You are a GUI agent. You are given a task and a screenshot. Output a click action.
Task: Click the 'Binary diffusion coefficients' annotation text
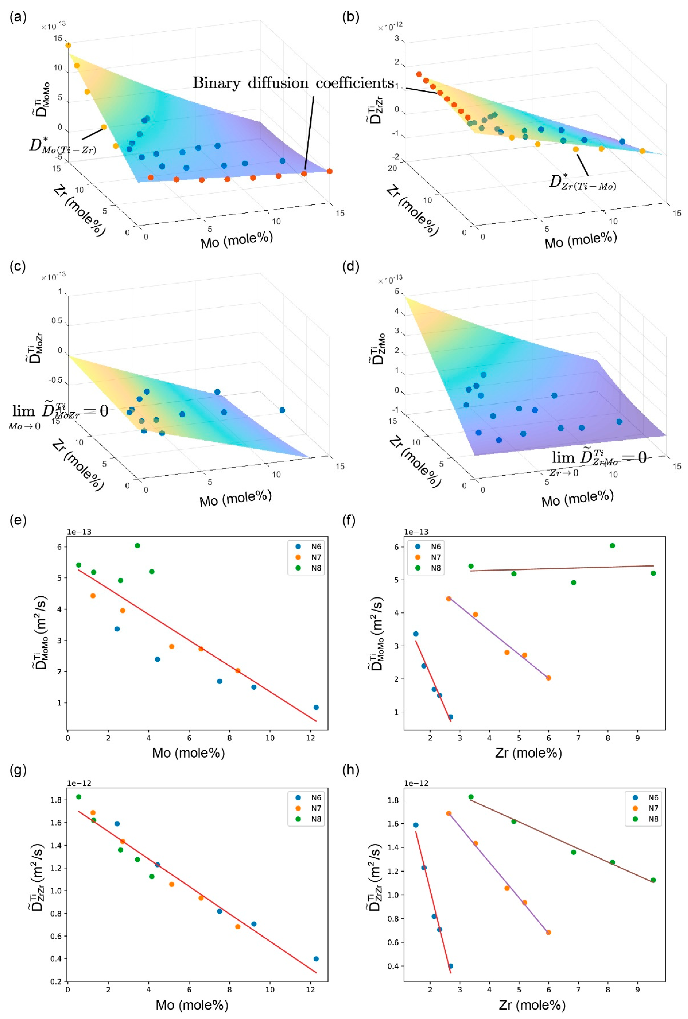click(x=293, y=83)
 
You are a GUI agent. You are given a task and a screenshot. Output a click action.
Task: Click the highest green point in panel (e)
click(x=137, y=545)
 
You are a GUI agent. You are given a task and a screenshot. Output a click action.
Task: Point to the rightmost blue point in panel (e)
click(x=316, y=707)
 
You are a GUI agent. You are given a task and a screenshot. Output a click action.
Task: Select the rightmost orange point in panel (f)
click(x=548, y=678)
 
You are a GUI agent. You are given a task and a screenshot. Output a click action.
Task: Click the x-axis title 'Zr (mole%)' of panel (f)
click(x=528, y=753)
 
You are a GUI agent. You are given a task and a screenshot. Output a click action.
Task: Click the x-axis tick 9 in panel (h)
click(x=637, y=990)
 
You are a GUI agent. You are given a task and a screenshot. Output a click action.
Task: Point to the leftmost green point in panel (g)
click(x=78, y=797)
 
